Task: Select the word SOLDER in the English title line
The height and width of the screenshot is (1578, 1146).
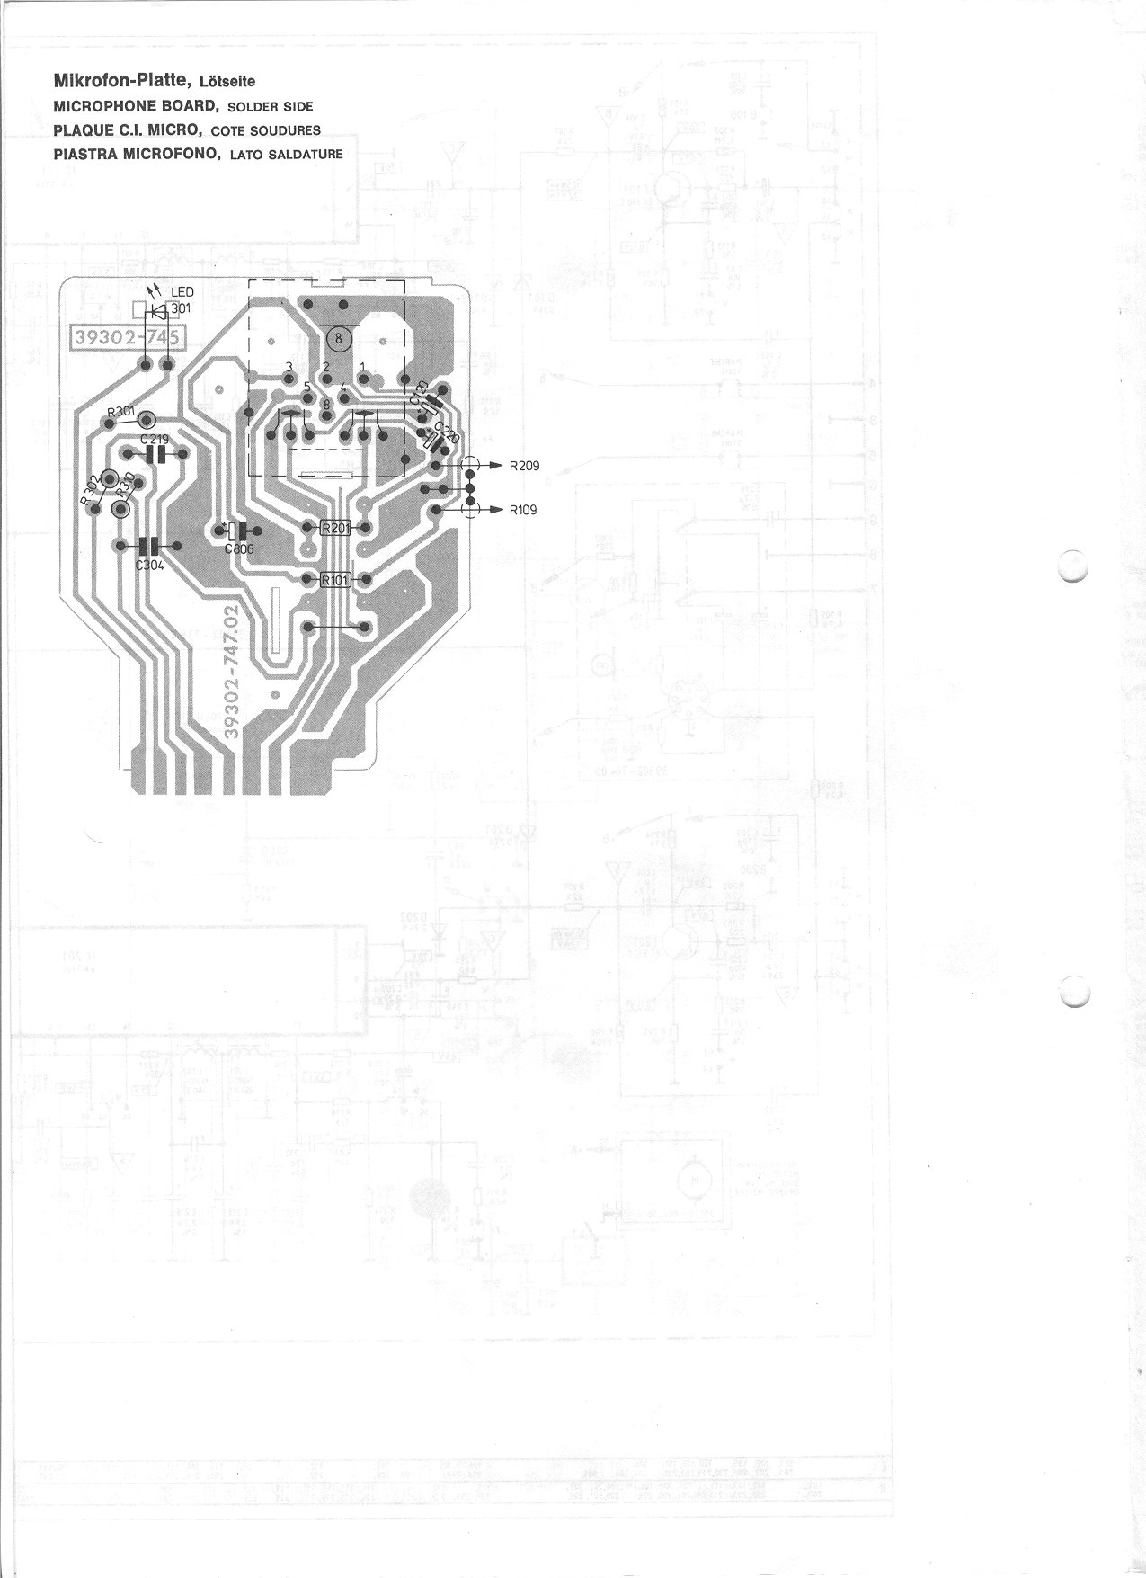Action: [x=256, y=106]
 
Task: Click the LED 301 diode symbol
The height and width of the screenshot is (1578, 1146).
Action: [x=159, y=312]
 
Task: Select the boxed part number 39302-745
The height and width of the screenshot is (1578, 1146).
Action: [x=127, y=338]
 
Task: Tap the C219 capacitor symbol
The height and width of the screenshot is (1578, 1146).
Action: [x=156, y=455]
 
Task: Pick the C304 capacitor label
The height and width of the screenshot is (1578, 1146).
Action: [x=148, y=566]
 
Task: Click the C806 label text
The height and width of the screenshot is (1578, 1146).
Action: [x=239, y=548]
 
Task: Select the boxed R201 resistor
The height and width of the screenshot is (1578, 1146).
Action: [x=335, y=528]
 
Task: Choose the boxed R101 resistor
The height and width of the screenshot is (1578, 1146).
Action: [x=335, y=580]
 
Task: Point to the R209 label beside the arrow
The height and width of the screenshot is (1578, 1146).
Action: [x=523, y=466]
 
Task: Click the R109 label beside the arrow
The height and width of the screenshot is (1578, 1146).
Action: [x=523, y=510]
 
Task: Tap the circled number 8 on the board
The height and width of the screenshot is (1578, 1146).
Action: [x=339, y=339]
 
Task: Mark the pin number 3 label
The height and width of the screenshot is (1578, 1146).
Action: [x=289, y=367]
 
